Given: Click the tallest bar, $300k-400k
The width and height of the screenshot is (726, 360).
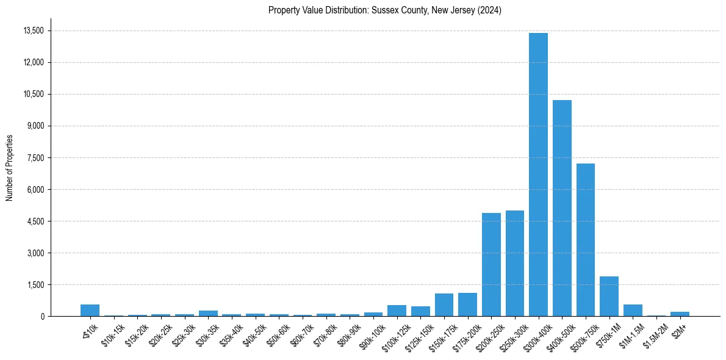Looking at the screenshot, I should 538,175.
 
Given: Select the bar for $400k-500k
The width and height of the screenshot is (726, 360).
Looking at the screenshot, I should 562,208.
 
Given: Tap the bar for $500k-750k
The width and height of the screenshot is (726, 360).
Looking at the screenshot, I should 585,240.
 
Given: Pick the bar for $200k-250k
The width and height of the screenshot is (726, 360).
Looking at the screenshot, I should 491,265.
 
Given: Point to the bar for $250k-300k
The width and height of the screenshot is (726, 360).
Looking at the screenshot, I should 515,264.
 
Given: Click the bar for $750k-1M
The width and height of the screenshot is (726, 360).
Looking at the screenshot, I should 609,297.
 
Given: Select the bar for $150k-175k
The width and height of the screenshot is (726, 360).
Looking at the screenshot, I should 444,305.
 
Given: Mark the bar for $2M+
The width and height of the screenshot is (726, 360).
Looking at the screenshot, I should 680,314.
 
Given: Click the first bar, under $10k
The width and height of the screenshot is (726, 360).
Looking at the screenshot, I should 90,311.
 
